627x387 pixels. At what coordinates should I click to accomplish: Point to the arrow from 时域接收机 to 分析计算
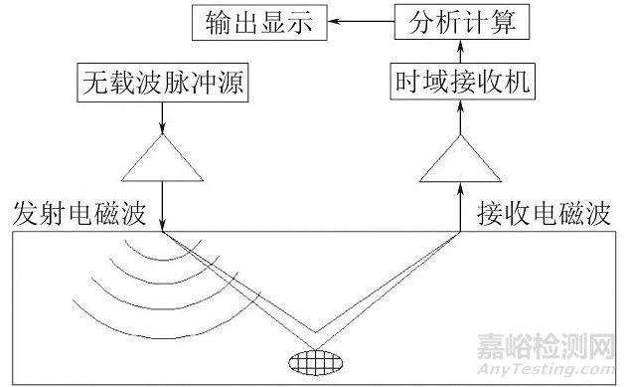461,51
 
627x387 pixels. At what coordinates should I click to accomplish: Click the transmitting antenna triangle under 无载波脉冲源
162,163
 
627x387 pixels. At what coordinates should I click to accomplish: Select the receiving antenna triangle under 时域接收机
461,163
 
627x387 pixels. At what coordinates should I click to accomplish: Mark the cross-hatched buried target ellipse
312,356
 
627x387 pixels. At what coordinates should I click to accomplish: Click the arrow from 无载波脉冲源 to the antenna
162,117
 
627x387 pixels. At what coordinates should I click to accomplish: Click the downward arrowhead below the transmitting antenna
162,227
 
